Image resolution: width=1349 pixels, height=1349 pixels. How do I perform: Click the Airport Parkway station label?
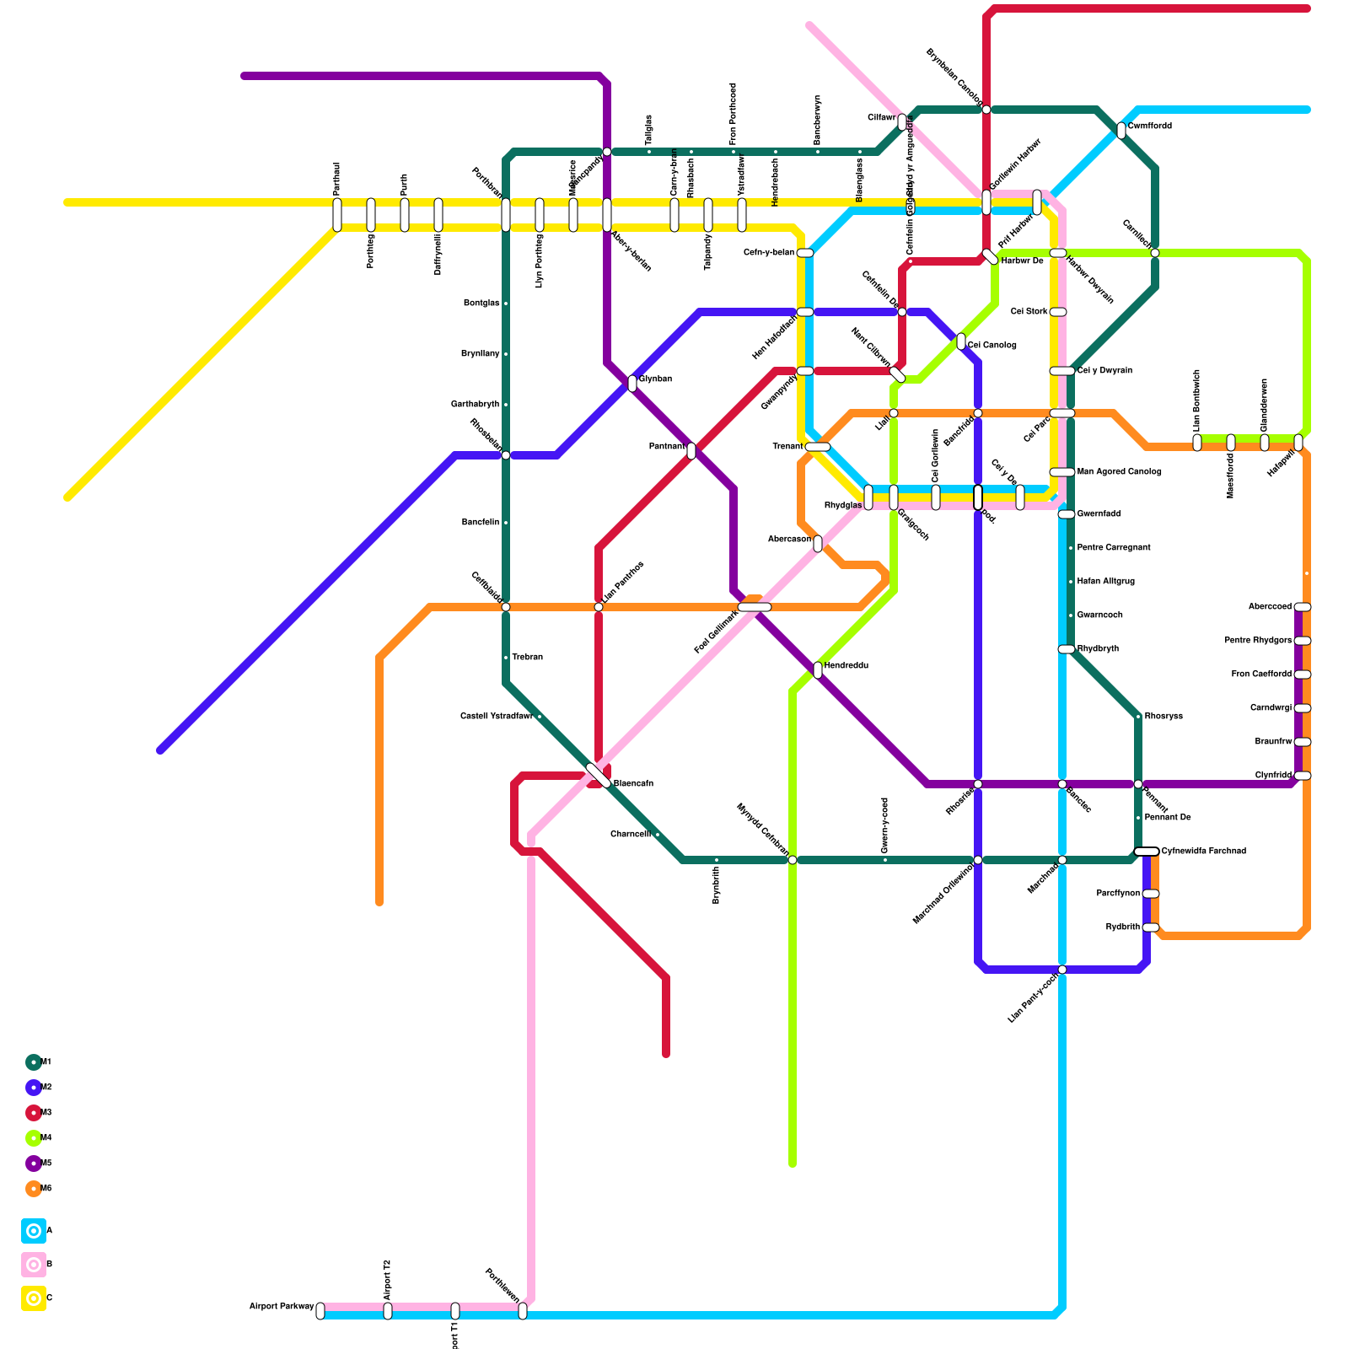point(282,1307)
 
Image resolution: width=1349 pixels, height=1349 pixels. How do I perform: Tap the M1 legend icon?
point(34,1062)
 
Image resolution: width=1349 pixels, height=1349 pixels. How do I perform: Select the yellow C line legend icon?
point(34,1298)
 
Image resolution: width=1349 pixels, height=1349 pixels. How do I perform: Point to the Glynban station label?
point(655,379)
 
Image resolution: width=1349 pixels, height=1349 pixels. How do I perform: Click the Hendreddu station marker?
point(818,670)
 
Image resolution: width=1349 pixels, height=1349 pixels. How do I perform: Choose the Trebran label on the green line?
point(528,658)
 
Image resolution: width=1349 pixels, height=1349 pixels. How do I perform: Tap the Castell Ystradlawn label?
point(497,717)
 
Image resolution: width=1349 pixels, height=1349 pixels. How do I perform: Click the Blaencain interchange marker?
point(599,776)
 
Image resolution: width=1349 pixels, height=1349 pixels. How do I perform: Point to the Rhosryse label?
point(1164,717)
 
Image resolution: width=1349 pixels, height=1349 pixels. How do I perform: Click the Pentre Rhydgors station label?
point(1258,641)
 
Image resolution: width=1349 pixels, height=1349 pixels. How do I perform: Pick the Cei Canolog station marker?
point(961,341)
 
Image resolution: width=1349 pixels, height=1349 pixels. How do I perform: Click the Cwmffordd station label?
point(1150,126)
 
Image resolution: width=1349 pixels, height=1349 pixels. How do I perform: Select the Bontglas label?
point(481,304)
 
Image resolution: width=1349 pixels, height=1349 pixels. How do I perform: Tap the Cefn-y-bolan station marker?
point(805,253)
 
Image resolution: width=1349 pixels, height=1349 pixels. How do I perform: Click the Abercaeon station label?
point(789,540)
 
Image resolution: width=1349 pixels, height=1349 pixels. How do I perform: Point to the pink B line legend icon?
point(34,1265)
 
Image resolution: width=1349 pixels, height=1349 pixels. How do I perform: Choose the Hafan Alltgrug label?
point(1106,582)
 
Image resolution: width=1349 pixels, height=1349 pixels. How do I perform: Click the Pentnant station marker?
point(691,451)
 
